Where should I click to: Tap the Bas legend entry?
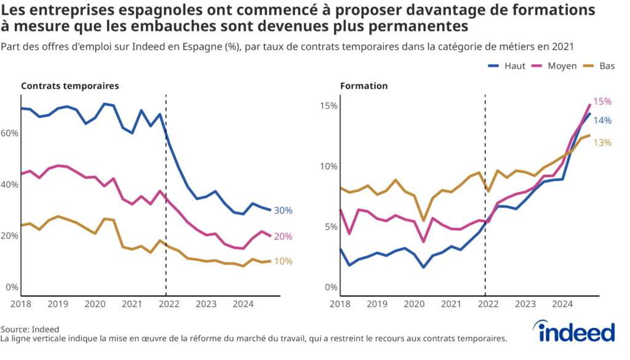600,66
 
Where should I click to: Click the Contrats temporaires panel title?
70,86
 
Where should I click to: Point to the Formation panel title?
364,86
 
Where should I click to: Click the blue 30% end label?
283,210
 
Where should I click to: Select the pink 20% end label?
283,236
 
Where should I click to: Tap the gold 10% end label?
283,262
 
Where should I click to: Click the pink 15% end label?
602,102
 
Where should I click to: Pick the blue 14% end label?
602,121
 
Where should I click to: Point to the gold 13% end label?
602,143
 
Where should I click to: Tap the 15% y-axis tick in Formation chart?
329,106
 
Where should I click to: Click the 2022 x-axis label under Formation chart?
487,304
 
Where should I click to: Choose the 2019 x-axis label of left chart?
58,304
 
